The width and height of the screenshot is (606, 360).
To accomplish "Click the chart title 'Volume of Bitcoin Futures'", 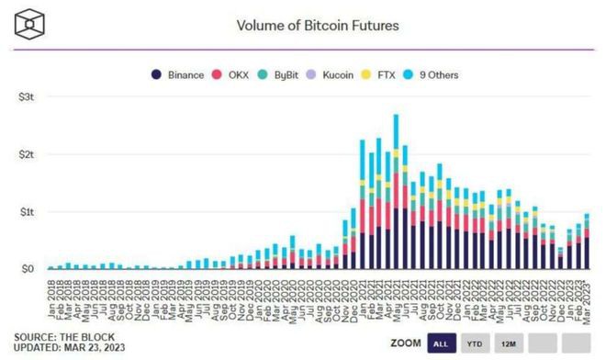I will tap(319, 26).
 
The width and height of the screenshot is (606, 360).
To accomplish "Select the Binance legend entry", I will tap(180, 74).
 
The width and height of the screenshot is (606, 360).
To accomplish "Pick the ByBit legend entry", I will tap(286, 74).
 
